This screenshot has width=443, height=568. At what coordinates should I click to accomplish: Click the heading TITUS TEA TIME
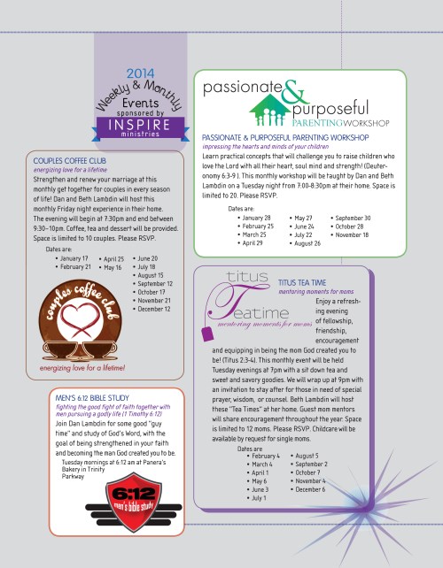point(304,282)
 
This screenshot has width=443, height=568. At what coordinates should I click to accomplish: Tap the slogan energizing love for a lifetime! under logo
point(75,367)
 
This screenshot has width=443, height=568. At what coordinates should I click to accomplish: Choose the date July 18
point(150,266)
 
